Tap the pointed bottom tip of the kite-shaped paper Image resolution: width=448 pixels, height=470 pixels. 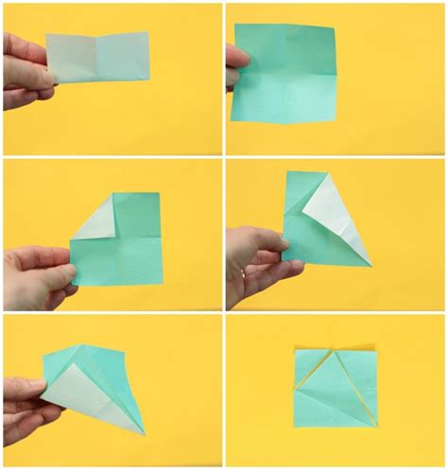pos(144,434)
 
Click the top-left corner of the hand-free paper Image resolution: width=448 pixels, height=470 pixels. pos(295,349)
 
